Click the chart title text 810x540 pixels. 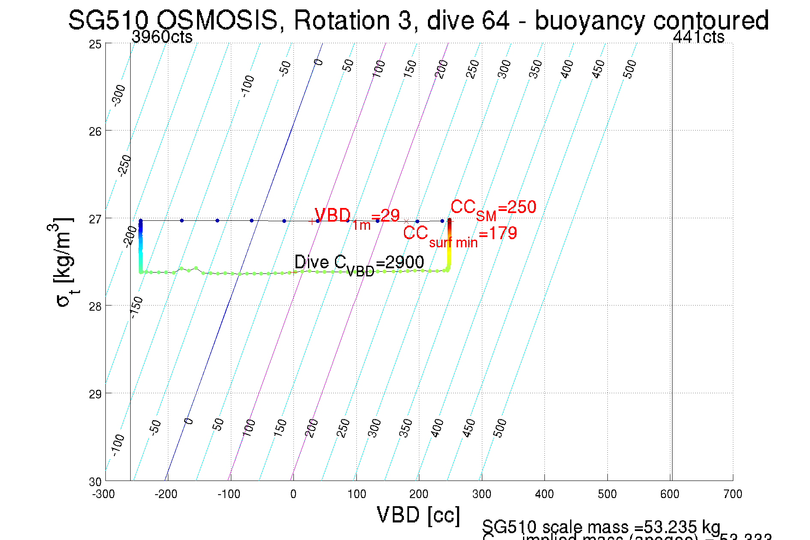[418, 20]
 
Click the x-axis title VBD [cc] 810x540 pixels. [418, 515]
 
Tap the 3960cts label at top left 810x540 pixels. [162, 37]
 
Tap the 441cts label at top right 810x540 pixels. [698, 37]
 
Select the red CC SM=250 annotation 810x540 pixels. [493, 209]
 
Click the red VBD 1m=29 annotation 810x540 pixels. [357, 217]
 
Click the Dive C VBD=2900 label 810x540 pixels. [359, 264]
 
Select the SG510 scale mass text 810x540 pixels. [601, 527]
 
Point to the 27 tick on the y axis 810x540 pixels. [95, 219]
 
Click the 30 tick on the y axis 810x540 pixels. [95, 482]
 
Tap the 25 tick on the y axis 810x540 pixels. [95, 45]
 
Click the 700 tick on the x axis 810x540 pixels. [732, 495]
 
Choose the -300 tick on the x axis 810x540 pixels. [104, 495]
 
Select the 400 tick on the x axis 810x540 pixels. [544, 495]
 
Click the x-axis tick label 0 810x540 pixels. [293, 495]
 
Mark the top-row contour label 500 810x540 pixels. [630, 69]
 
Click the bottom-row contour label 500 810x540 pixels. [499, 428]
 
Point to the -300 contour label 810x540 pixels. [118, 95]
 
